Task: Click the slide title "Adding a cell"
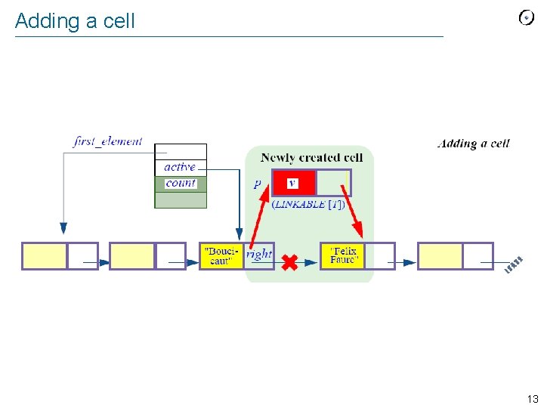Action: point(75,21)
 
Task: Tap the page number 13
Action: point(533,399)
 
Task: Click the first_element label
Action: point(108,141)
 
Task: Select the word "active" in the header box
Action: point(180,166)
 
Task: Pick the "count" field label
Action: point(181,183)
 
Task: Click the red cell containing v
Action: point(292,183)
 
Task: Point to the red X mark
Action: point(289,262)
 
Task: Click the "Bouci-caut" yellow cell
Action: point(221,256)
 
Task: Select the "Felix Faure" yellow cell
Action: point(343,256)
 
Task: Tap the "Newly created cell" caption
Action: point(311,158)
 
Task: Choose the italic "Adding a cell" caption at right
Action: point(474,144)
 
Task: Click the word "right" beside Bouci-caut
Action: point(258,255)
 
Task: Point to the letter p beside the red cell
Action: point(258,184)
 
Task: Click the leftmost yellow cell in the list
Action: point(45,256)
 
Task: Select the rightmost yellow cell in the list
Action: point(440,256)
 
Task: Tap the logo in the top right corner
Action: point(527,18)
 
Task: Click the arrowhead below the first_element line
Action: point(63,227)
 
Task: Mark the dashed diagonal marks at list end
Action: point(514,265)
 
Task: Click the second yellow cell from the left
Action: point(132,256)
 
